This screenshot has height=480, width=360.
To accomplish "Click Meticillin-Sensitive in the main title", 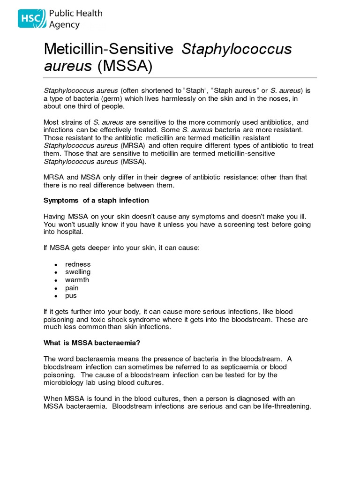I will click(110, 49).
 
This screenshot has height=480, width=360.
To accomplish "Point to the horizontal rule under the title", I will click(180, 78).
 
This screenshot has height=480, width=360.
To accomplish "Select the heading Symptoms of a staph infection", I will click(96, 200).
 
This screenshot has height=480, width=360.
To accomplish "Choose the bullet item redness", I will click(78, 264).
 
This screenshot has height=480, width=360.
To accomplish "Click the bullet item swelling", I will click(78, 272).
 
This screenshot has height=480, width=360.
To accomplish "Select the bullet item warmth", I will click(77, 280).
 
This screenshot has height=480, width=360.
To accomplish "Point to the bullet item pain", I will click(72, 288).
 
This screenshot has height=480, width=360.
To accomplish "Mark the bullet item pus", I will click(71, 296).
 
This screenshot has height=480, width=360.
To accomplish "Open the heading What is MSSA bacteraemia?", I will click(92, 343).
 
